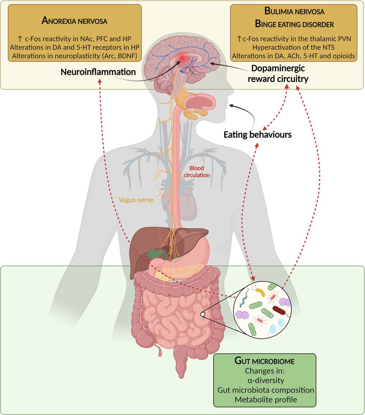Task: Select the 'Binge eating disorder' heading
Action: (294, 25)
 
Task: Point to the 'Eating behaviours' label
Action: (257, 134)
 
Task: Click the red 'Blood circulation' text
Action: (199, 172)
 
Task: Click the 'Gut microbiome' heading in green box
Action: (265, 361)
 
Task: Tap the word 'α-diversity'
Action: (265, 380)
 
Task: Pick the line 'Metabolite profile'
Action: (265, 400)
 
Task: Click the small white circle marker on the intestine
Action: (203, 314)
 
